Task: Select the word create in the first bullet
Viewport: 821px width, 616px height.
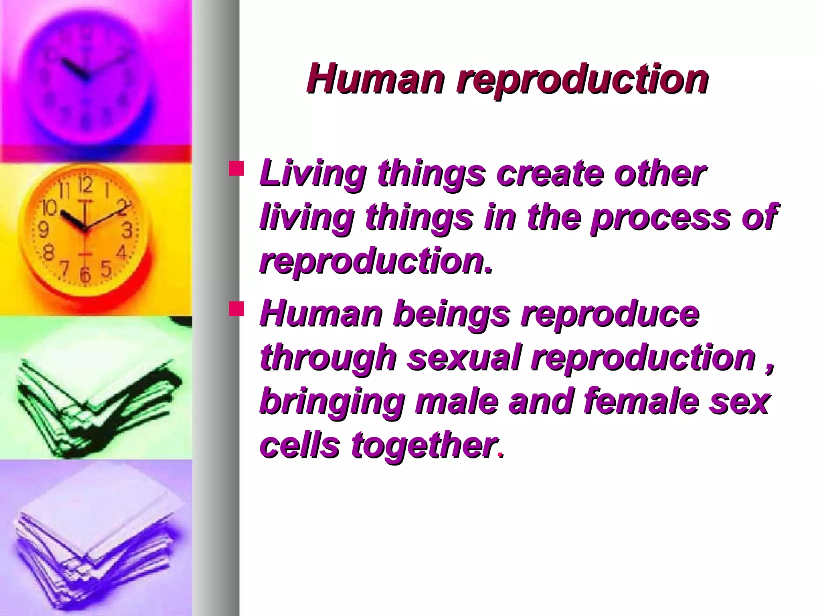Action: [x=549, y=174]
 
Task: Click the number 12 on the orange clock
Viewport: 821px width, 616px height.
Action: [x=85, y=186]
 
